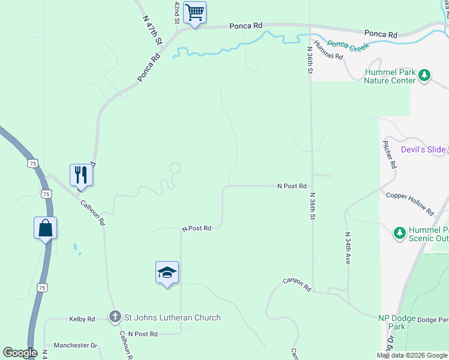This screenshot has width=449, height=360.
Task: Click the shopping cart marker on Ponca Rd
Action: click(x=194, y=13)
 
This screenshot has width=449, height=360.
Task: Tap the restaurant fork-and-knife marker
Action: click(x=81, y=175)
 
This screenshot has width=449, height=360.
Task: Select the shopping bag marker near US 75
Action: click(x=46, y=228)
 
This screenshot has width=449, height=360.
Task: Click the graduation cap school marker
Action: click(x=167, y=273)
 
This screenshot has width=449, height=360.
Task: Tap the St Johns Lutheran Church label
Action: click(x=172, y=317)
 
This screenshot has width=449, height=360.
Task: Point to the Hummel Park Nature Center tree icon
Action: click(x=425, y=76)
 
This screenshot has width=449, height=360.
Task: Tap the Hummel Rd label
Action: click(x=328, y=52)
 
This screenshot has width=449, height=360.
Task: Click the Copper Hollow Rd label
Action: click(x=410, y=203)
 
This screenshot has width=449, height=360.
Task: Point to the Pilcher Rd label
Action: click(x=389, y=154)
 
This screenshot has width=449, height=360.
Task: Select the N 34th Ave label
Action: click(x=348, y=248)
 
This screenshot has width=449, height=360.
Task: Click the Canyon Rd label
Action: click(x=298, y=284)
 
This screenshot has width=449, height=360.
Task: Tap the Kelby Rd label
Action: click(x=82, y=319)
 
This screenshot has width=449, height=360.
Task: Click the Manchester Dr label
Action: click(x=75, y=346)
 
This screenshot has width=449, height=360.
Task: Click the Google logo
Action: click(x=20, y=353)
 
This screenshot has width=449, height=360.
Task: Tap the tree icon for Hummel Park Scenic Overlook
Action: click(x=399, y=232)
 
